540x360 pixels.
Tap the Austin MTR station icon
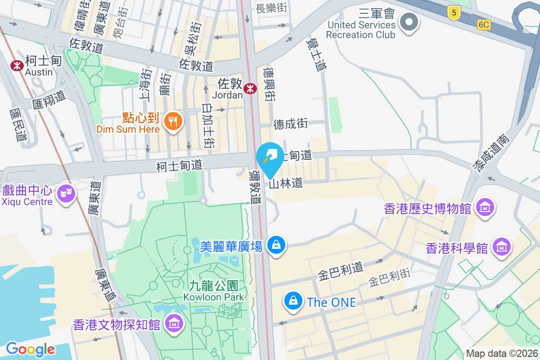click(18, 65)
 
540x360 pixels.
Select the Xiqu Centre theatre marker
click(67, 193)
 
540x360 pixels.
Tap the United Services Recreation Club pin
click(409, 21)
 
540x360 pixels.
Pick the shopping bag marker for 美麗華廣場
click(276, 245)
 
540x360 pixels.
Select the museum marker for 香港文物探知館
click(174, 323)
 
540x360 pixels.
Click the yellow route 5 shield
click(454, 13)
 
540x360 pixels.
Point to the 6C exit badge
click(484, 25)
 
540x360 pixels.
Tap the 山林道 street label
click(286, 183)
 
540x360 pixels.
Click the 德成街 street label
click(290, 123)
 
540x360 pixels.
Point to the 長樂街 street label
click(271, 9)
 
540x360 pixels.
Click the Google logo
click(31, 349)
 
